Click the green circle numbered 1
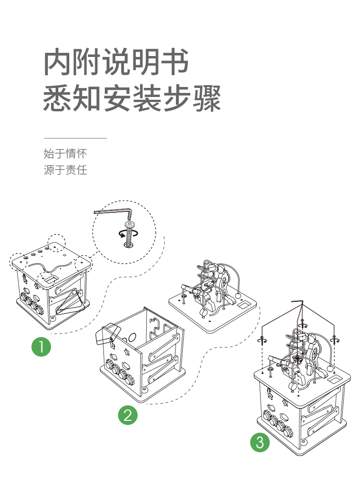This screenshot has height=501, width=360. [41, 347]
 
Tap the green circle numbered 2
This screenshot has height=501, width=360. [128, 415]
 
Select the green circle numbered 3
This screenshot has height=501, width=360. [260, 443]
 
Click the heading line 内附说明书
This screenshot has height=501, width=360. [116, 63]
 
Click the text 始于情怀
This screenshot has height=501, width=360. [65, 153]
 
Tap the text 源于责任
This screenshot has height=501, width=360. [65, 170]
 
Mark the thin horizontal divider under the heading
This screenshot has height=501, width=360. [75, 138]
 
